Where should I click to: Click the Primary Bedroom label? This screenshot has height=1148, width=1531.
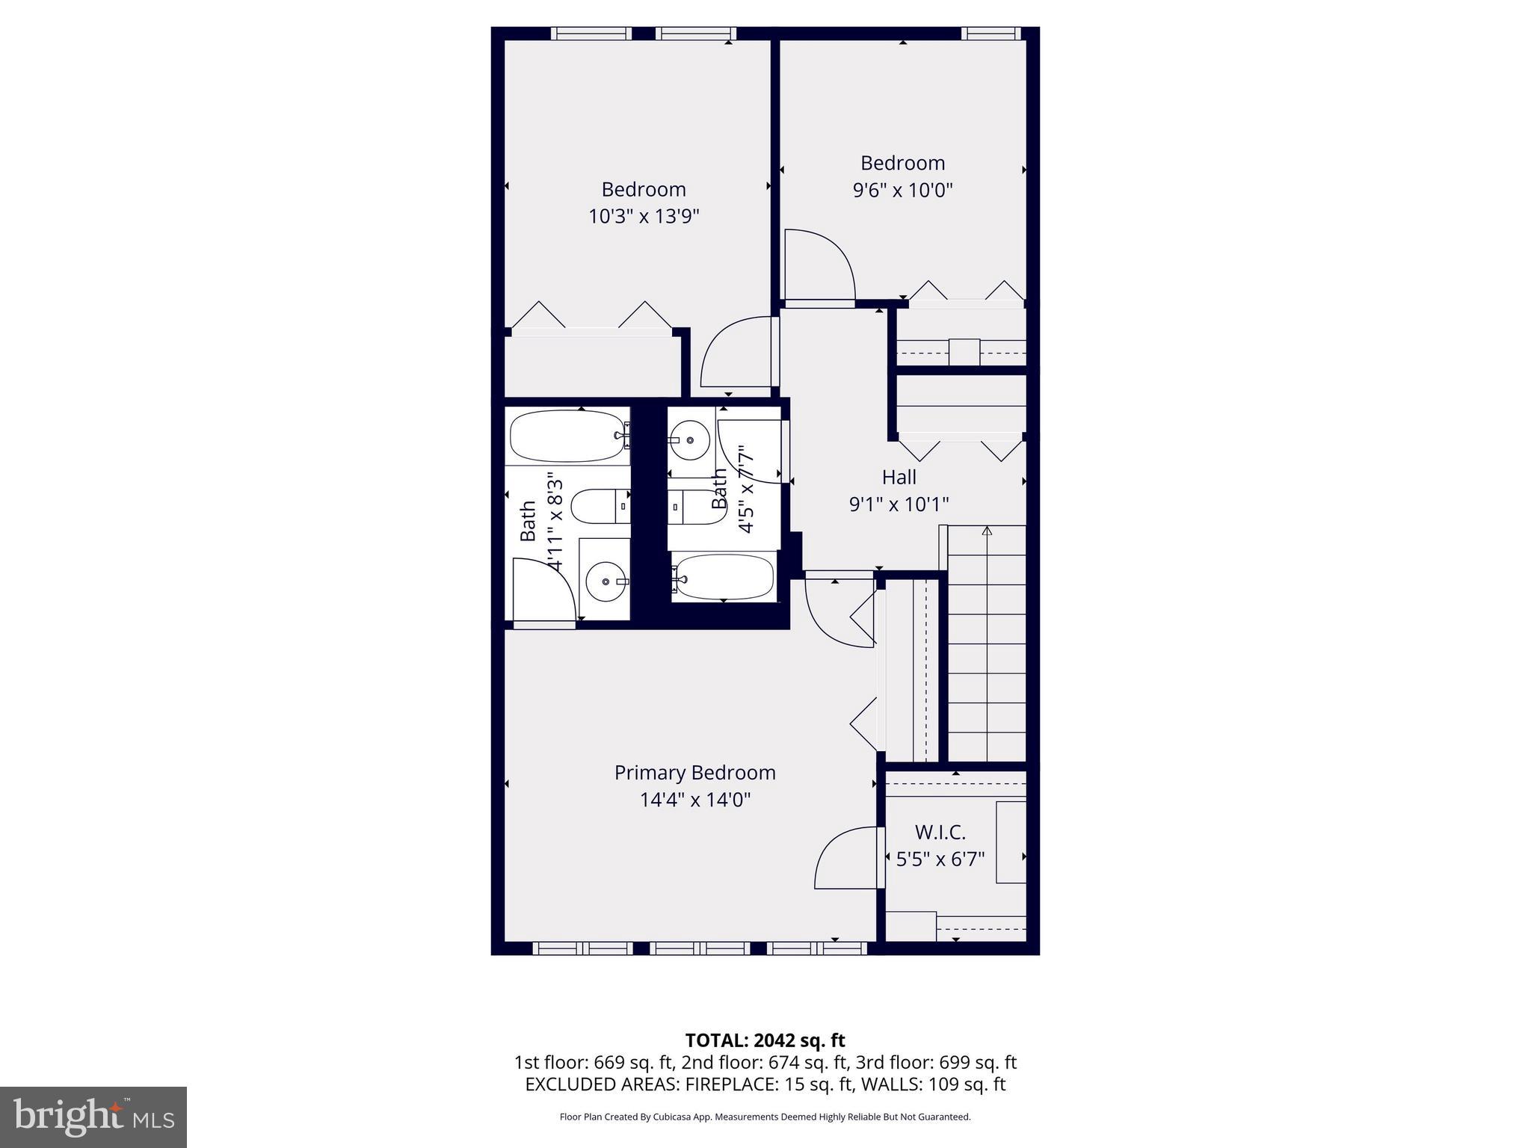[694, 773]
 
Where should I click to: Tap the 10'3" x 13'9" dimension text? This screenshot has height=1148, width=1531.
[644, 217]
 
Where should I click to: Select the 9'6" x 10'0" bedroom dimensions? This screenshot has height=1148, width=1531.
[902, 190]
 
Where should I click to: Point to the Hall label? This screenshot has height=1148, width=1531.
[899, 477]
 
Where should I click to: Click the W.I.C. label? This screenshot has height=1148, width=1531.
[940, 832]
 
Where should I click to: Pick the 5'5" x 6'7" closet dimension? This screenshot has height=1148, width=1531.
[940, 859]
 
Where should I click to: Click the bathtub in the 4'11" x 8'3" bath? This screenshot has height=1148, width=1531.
[567, 436]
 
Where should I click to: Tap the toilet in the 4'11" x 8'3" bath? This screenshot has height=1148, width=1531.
[598, 506]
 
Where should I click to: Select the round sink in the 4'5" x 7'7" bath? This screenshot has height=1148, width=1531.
[690, 438]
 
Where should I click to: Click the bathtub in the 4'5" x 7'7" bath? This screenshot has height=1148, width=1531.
[724, 577]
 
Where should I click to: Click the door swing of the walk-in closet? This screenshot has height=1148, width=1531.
[845, 860]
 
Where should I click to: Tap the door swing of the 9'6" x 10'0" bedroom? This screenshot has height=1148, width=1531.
[819, 265]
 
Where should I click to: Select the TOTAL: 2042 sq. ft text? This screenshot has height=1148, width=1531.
[765, 1040]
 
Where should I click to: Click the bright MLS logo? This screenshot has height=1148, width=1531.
[93, 1117]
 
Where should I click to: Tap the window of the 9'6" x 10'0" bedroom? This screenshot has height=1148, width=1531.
[991, 34]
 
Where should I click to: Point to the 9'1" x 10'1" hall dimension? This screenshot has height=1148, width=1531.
[899, 504]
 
